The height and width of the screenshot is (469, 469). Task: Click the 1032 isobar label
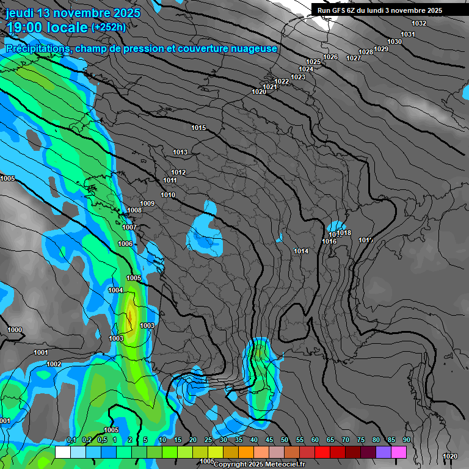pos(419,23)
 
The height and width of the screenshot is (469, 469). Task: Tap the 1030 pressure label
pos(394,42)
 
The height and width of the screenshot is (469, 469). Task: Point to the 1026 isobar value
pos(330,57)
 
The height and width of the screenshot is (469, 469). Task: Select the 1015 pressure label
pos(198,128)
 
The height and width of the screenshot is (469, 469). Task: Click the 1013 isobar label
pos(180,152)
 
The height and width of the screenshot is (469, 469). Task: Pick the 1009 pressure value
pos(147,203)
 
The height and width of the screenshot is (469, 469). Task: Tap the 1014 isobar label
pos(301,251)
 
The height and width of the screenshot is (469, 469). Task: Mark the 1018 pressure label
pos(344,233)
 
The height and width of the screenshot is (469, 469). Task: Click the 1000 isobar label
pos(15,330)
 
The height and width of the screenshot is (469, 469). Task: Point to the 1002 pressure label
pos(54,364)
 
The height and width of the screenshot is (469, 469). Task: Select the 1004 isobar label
pos(115,290)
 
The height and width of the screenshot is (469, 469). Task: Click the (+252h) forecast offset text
pos(109,27)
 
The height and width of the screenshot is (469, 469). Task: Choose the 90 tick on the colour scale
pos(406,440)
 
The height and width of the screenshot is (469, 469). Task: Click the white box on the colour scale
pos(62,452)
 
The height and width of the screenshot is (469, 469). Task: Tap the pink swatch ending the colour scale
pos(399,452)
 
